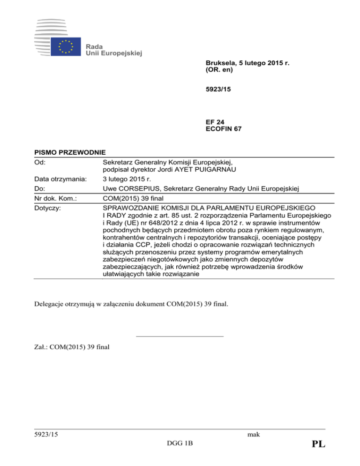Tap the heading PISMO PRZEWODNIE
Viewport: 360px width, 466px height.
pos(70,152)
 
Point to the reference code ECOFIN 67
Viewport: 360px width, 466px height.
pos(224,128)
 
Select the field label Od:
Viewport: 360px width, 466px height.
pos(40,162)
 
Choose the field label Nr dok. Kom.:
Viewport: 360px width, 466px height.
pos(56,198)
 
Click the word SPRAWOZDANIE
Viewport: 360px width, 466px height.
pos(132,207)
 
